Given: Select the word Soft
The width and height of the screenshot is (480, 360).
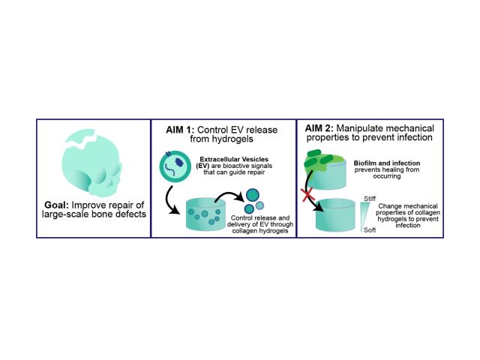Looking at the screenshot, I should point(369,230).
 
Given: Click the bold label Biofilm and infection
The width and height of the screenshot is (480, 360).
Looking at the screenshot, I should point(385,163).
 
